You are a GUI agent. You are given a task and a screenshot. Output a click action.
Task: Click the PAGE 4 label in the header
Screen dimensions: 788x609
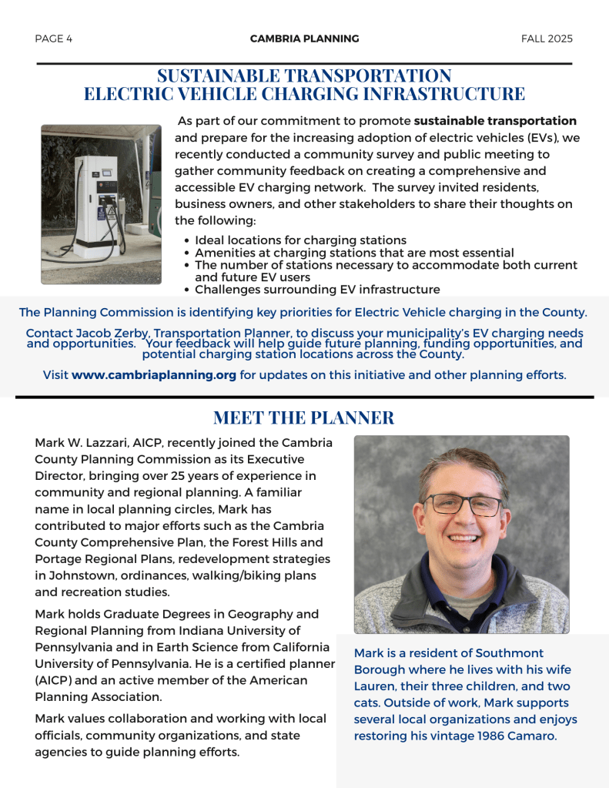click(x=54, y=39)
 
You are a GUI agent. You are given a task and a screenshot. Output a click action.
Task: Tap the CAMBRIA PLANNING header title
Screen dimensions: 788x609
click(x=304, y=39)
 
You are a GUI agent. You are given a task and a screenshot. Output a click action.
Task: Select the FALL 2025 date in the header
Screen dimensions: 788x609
click(x=547, y=39)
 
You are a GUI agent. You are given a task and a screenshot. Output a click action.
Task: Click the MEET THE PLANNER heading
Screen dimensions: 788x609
click(x=303, y=417)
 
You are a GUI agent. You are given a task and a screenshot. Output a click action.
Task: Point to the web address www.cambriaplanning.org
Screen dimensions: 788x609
click(x=154, y=376)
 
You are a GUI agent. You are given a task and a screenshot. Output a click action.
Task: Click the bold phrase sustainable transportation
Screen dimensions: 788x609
click(x=495, y=121)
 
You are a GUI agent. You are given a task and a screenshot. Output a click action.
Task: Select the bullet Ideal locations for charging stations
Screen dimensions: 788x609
click(x=300, y=240)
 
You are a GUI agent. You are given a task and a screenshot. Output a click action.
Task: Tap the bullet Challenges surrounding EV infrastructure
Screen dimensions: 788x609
click(x=317, y=290)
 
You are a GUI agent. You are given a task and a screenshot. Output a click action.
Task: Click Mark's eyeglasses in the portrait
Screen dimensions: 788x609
click(x=463, y=505)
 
